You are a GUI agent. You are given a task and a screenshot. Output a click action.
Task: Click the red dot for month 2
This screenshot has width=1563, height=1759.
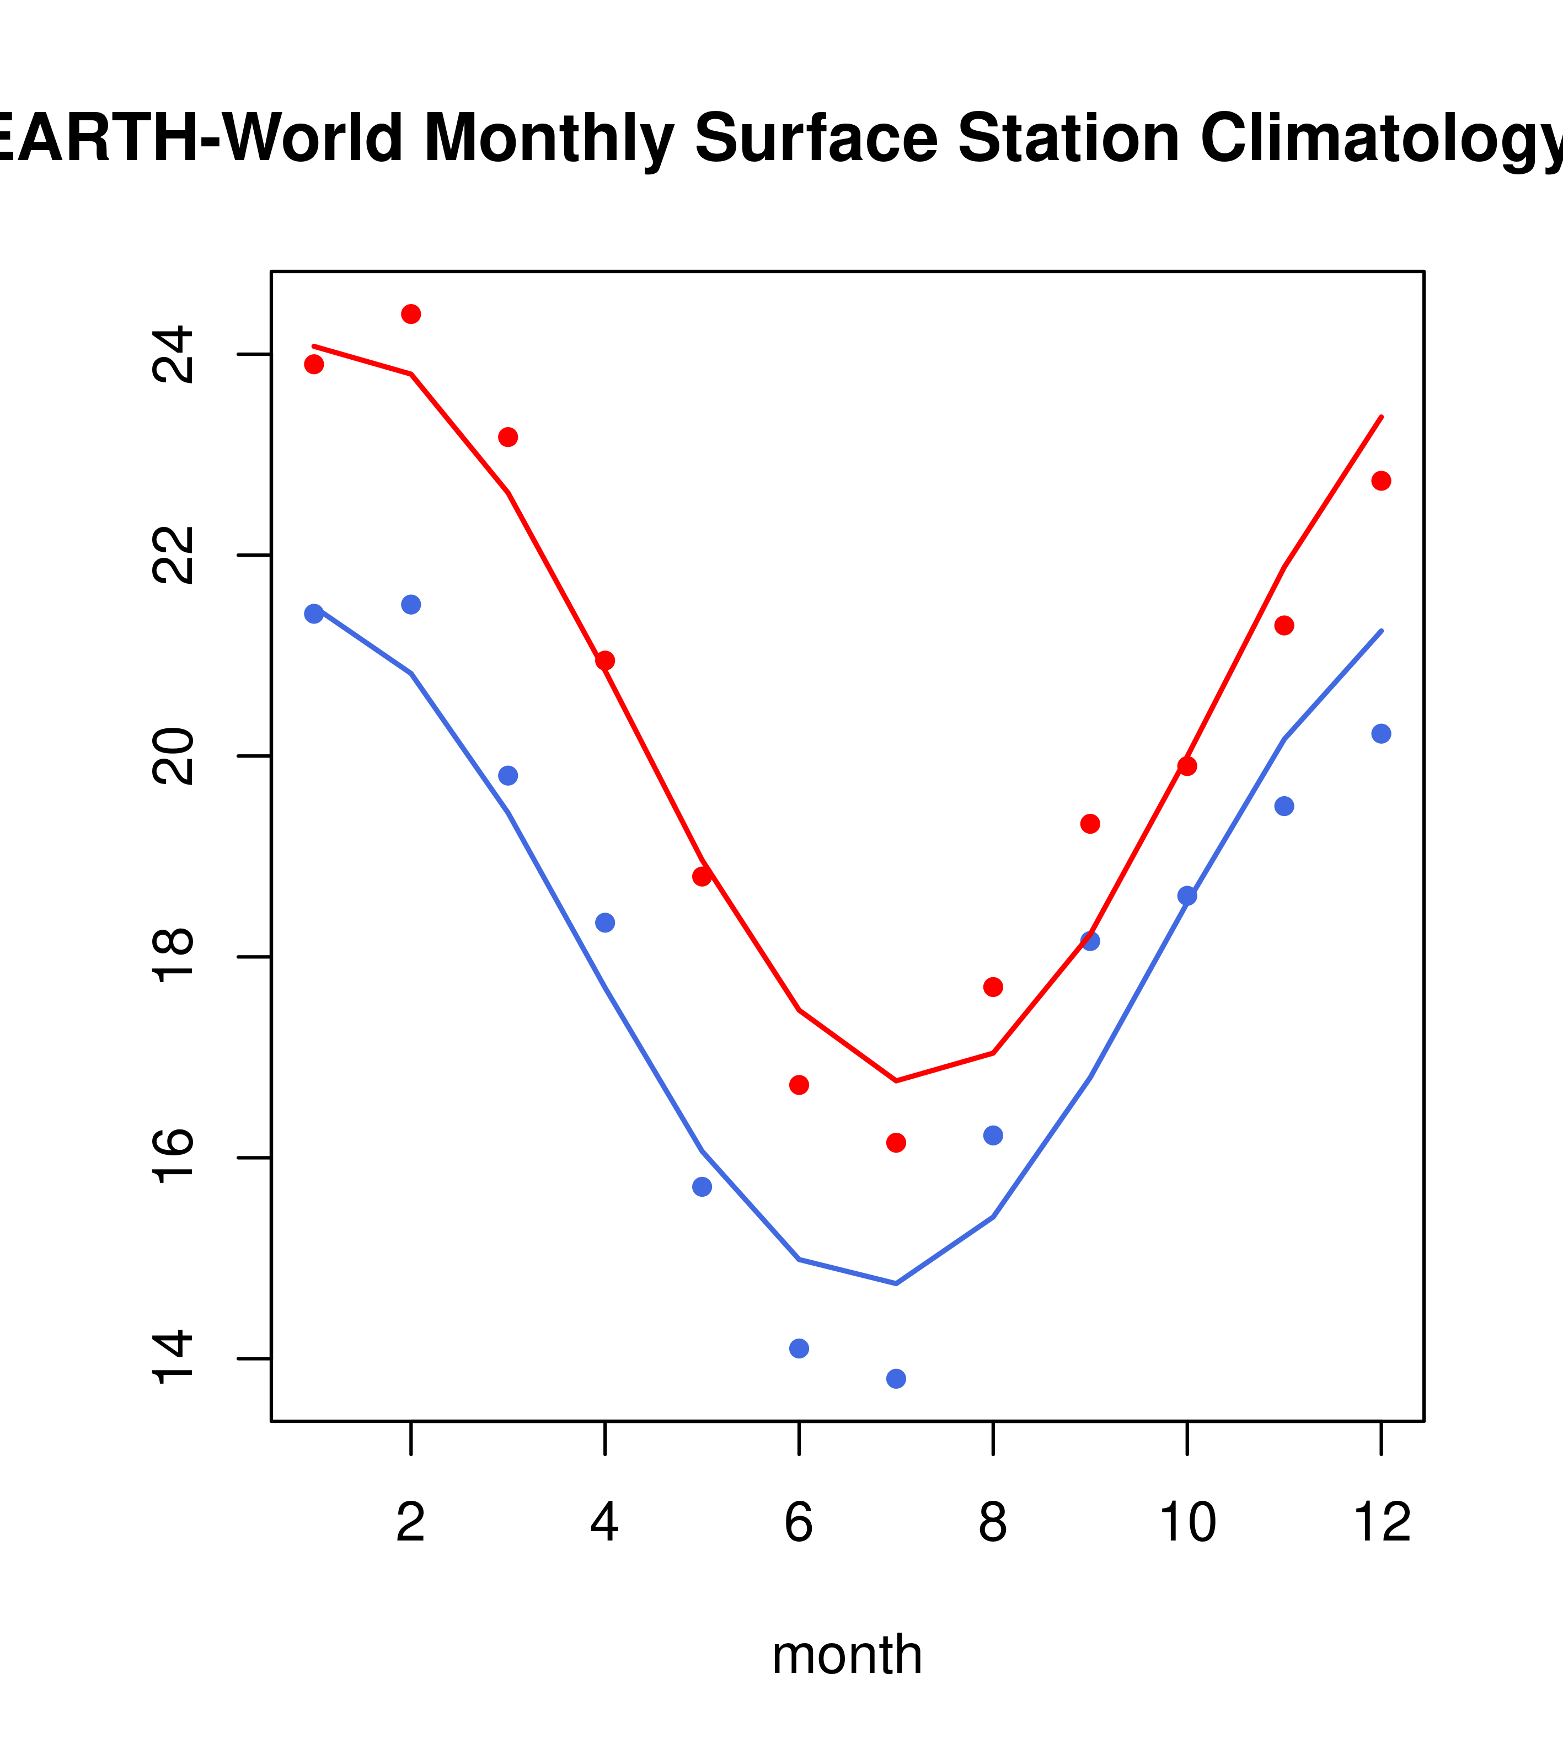point(411,314)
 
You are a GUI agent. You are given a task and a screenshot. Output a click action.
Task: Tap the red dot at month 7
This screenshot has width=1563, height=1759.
point(896,1143)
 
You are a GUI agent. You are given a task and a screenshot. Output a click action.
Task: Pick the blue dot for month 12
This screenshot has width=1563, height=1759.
point(1382,734)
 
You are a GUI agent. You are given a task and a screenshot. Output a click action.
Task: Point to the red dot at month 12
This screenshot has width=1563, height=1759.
point(1382,481)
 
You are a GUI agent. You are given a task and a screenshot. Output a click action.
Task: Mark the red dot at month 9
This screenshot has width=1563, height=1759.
point(1091,824)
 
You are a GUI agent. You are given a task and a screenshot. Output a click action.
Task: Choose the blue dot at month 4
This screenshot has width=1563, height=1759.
point(606,923)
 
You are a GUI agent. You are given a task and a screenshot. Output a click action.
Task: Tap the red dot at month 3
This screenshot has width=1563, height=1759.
point(508,437)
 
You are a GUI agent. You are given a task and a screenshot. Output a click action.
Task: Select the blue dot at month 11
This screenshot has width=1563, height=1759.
point(1284,806)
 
